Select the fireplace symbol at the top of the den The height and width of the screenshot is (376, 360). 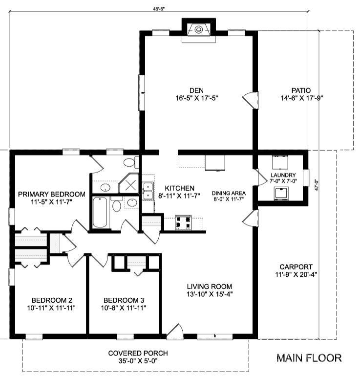tap(198, 29)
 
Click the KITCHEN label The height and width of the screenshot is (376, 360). tap(179, 188)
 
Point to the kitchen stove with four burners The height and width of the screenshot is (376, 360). tap(184, 222)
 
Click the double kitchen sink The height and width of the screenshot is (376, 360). tap(147, 191)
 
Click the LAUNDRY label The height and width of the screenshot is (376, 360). tap(283, 175)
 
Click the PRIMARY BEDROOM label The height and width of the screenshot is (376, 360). tap(51, 194)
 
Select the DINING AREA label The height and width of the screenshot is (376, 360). tap(227, 193)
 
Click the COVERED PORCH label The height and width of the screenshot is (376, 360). tap(138, 353)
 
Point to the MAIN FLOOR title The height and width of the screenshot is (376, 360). tap(309, 358)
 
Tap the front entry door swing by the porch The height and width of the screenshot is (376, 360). tap(174, 331)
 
